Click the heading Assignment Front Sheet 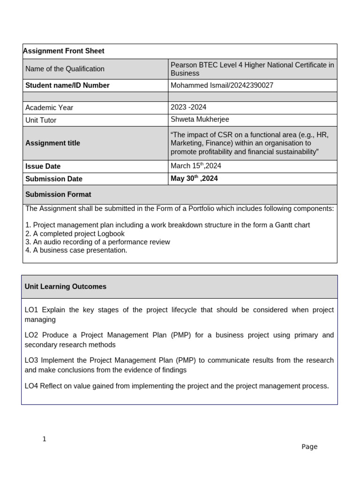pos(65,51)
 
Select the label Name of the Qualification pos(65,69)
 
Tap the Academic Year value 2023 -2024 pos(188,107)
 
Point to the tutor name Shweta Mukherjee pos(200,120)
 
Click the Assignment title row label pos(52,143)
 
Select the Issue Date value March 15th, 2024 pos(196,166)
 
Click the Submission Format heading pos(58,195)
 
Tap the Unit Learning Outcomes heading pos(66,286)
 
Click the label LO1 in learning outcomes pos(32,310)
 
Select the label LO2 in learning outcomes pos(32,335)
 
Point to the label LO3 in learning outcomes pos(32,360)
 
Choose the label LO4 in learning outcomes pos(32,386)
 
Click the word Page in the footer pos(309,447)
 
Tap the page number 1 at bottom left pos(45,439)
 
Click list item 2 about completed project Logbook pos(75,233)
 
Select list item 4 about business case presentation pos(76,250)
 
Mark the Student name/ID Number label pos(67,85)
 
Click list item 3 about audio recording pos(97,242)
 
